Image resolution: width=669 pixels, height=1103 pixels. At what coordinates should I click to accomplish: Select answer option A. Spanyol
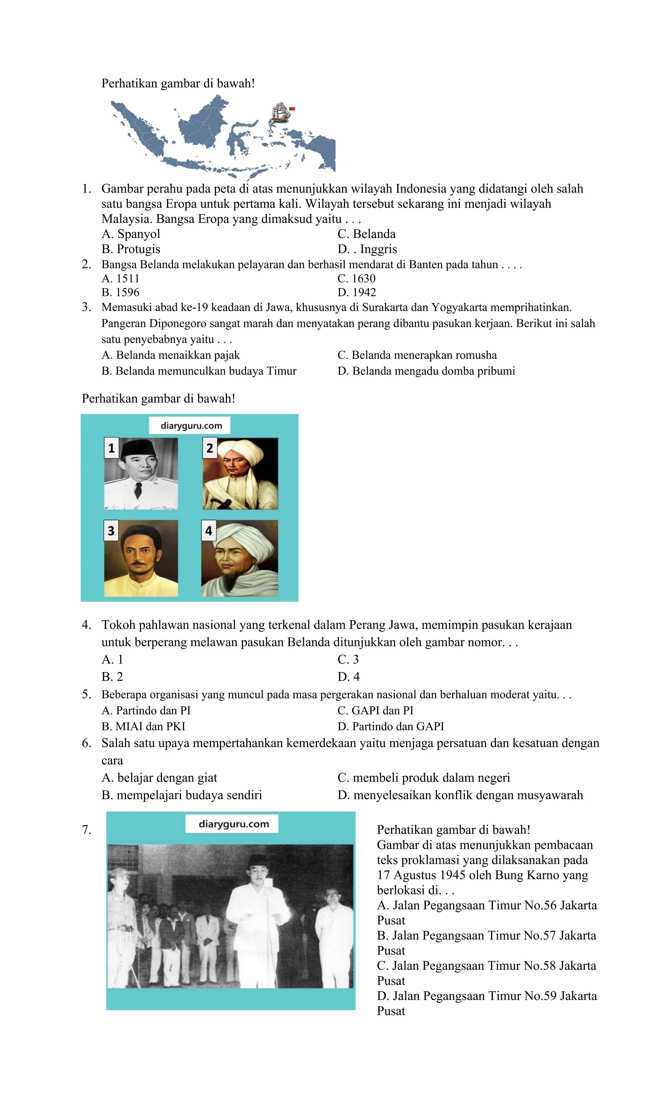point(131,234)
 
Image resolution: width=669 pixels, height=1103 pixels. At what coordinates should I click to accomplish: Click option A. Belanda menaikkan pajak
point(171,355)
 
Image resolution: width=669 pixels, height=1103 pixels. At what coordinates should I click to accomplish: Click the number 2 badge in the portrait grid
point(209,448)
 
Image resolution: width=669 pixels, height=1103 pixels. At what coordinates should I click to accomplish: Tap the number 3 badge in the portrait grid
point(111,531)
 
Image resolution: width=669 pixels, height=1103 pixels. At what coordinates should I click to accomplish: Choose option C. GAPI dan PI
point(375,710)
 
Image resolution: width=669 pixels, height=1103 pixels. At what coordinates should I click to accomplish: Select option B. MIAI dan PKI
point(143,727)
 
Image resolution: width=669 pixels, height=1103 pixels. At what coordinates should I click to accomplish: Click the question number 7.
point(86,830)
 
